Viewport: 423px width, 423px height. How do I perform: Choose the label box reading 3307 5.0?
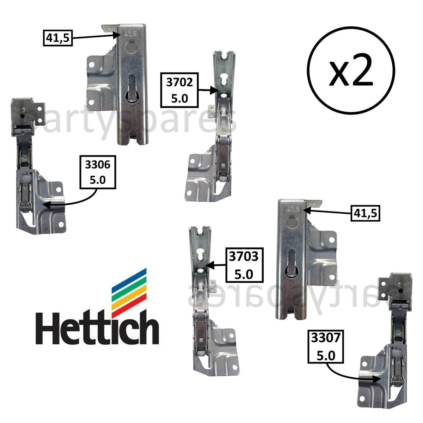(325, 347)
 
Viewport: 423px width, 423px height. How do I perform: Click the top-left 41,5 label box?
(57, 38)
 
